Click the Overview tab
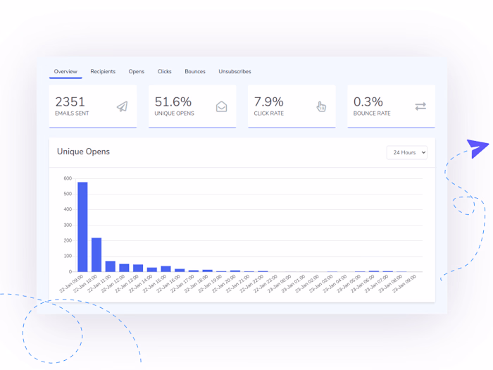click(65, 71)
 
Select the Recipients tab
click(103, 71)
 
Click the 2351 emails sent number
click(70, 101)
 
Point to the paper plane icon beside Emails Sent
click(122, 106)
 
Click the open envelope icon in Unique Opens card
click(221, 106)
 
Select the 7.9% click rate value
click(268, 101)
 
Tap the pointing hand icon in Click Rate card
click(321, 106)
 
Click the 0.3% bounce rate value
click(368, 101)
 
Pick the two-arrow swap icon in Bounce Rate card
click(420, 106)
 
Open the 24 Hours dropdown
click(407, 152)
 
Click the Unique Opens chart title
click(83, 152)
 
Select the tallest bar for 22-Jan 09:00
click(82, 226)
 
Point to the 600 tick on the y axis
click(68, 178)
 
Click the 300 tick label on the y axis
click(68, 225)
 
